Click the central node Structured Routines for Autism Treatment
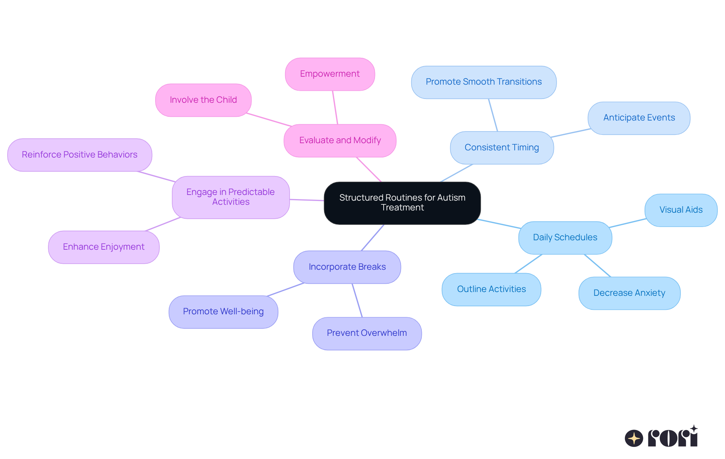(x=402, y=203)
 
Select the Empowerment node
(x=330, y=74)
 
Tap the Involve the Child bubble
(x=203, y=100)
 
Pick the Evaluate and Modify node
(x=340, y=141)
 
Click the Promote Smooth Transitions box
(x=483, y=82)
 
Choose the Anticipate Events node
(x=639, y=118)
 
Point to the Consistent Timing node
(x=501, y=148)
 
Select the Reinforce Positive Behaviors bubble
(x=79, y=155)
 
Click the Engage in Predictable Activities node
(x=231, y=197)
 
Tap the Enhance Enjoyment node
(x=103, y=247)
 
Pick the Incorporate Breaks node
(x=347, y=267)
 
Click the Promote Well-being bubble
(x=223, y=312)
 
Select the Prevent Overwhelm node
(x=367, y=333)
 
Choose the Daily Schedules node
(x=565, y=238)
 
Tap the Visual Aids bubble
(x=681, y=210)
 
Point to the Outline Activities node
(x=491, y=289)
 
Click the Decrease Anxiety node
(x=629, y=293)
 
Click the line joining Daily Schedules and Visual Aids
(x=628, y=223)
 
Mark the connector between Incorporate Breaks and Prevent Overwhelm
(x=357, y=300)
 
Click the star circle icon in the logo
(x=634, y=438)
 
